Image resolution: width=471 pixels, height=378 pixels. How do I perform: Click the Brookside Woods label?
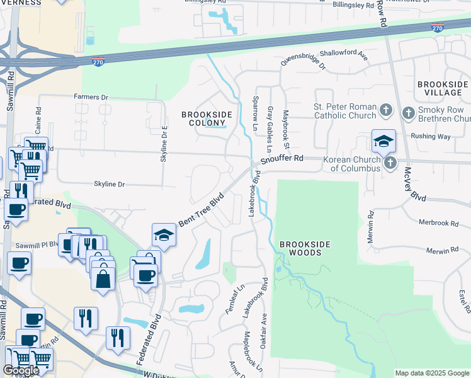click(x=300, y=248)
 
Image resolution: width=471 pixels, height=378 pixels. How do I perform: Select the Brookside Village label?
click(x=443, y=88)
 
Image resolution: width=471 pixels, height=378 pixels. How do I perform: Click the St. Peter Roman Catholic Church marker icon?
click(x=387, y=112)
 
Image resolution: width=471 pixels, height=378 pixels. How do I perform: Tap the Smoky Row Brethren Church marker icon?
click(x=408, y=113)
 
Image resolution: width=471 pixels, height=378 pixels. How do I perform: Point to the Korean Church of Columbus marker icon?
click(x=390, y=163)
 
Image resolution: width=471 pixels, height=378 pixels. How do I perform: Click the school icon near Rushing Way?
click(x=383, y=140)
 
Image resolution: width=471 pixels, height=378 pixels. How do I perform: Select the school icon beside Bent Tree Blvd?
click(x=164, y=234)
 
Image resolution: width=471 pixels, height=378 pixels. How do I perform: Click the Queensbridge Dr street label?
click(x=303, y=60)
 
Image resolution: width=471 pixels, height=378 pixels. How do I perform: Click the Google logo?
click(x=21, y=370)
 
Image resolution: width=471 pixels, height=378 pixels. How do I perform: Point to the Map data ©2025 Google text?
click(x=431, y=373)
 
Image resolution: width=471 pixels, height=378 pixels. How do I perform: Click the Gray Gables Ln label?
click(x=269, y=129)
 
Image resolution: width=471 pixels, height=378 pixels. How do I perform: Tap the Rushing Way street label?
click(x=431, y=136)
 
